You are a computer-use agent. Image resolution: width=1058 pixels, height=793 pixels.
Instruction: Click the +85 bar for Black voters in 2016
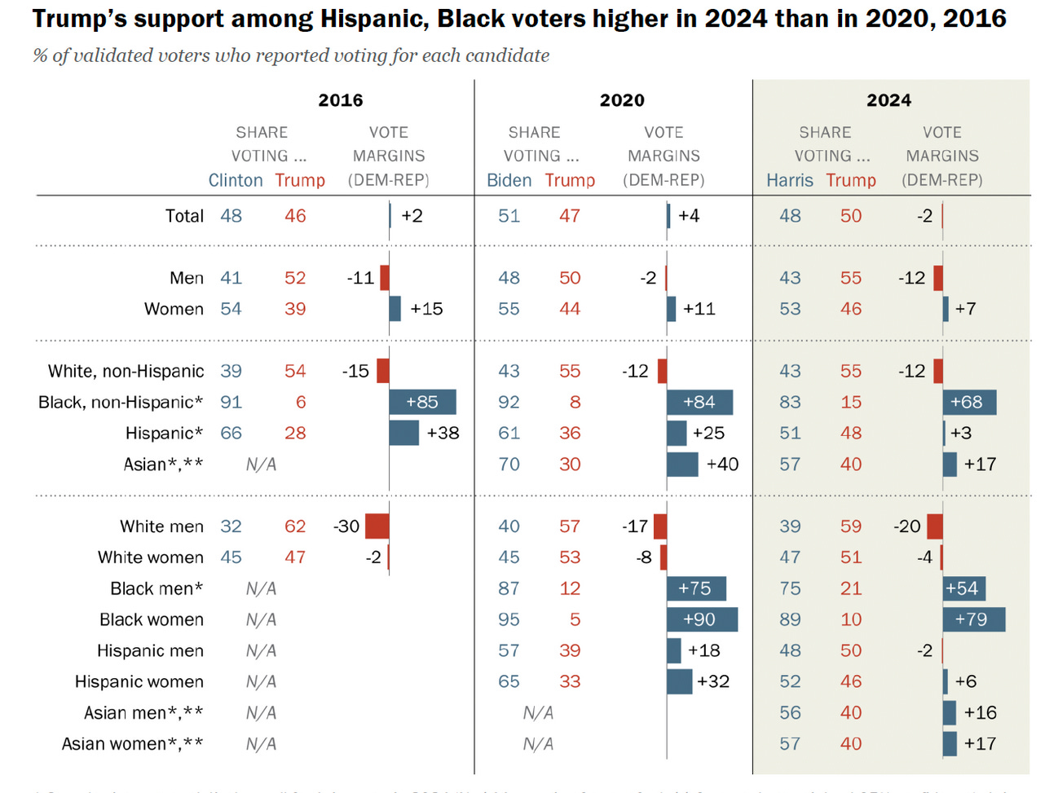(x=422, y=402)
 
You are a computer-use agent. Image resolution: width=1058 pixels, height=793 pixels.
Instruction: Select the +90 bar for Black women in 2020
(x=702, y=619)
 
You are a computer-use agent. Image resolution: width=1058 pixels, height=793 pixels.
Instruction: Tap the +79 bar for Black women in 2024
(x=973, y=619)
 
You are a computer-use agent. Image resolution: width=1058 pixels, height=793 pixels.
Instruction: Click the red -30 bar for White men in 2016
(x=377, y=526)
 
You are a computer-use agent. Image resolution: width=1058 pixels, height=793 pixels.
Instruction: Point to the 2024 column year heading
(x=888, y=100)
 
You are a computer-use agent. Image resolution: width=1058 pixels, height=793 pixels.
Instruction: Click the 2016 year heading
(x=340, y=100)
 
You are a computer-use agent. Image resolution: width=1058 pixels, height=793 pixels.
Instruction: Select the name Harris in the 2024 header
(x=789, y=180)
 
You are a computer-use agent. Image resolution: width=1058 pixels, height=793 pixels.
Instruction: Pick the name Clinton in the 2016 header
(x=235, y=180)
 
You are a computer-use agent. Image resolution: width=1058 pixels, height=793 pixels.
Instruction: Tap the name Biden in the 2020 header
(x=509, y=180)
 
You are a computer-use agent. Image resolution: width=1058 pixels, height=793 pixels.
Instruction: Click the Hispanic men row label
(x=150, y=650)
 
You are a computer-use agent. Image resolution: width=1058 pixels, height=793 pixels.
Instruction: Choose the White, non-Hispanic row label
(x=126, y=372)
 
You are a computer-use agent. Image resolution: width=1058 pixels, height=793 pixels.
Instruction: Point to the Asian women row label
(x=132, y=744)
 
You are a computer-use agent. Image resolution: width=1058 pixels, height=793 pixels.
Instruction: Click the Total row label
(x=184, y=216)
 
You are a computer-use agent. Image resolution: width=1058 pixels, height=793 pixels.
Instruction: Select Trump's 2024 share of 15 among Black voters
(x=850, y=402)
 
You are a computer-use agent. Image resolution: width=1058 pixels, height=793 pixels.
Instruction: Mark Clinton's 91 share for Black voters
(x=231, y=402)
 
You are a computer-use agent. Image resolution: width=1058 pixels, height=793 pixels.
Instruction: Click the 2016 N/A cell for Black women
(x=261, y=619)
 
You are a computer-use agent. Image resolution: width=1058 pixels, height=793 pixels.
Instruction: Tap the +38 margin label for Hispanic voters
(x=443, y=433)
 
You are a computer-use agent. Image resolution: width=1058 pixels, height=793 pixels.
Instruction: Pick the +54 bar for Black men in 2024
(x=963, y=588)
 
